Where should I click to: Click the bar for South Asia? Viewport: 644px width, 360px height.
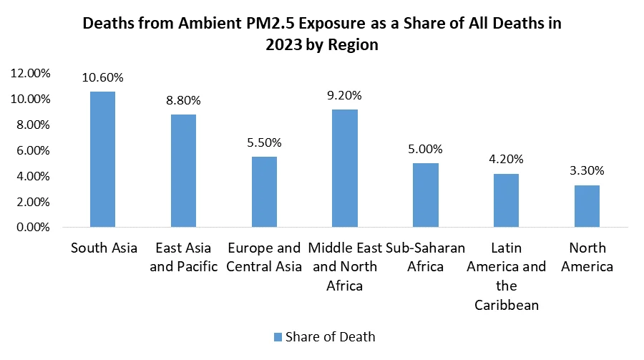103,160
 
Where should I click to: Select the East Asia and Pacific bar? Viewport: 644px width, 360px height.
184,171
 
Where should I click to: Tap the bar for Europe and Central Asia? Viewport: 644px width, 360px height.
265,193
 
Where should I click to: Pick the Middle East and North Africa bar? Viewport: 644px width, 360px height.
346,169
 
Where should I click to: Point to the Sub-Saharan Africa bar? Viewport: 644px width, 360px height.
426,195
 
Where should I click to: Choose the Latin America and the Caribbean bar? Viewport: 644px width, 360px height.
507,200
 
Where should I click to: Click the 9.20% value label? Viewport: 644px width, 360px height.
346,95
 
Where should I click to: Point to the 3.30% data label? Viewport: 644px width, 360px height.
588,171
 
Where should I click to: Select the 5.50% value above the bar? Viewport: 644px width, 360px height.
265,142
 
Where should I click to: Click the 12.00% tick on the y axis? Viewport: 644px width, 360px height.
30,73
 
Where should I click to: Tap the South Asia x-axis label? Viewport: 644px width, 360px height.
103,248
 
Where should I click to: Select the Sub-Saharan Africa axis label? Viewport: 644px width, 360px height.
426,258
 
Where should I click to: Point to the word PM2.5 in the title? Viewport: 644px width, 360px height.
271,23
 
